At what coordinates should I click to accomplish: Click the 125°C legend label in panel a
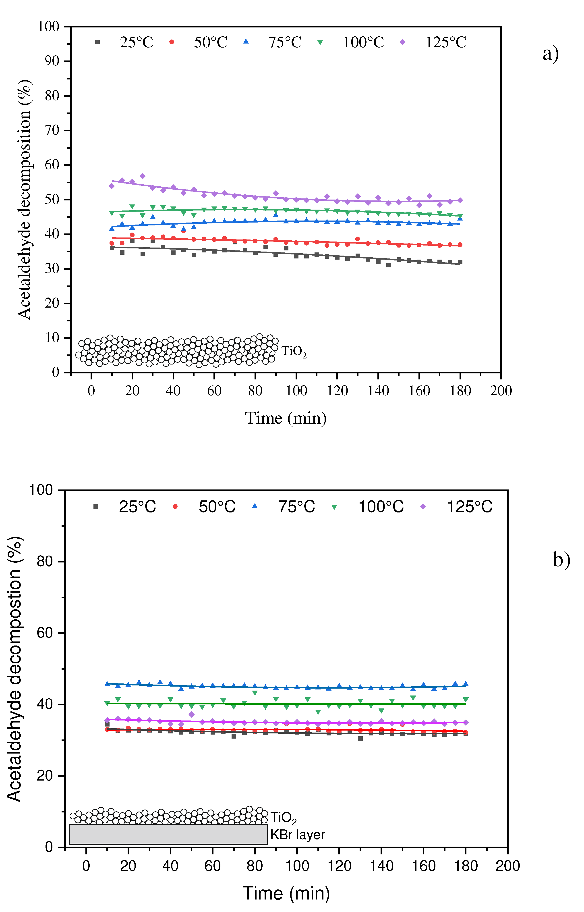coord(446,42)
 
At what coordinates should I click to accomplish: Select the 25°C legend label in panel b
coord(137,507)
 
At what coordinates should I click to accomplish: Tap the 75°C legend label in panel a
coord(285,42)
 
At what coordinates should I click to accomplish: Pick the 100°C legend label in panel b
coord(381,507)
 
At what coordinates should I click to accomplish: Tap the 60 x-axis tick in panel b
coord(212,866)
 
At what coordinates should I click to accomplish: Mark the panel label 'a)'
coord(551,54)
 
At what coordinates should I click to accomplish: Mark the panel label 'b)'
coord(561,560)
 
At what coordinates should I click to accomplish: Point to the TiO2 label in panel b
coord(283,818)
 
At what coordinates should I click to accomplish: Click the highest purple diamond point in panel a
coord(143,176)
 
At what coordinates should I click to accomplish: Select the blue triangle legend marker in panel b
coord(255,506)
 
